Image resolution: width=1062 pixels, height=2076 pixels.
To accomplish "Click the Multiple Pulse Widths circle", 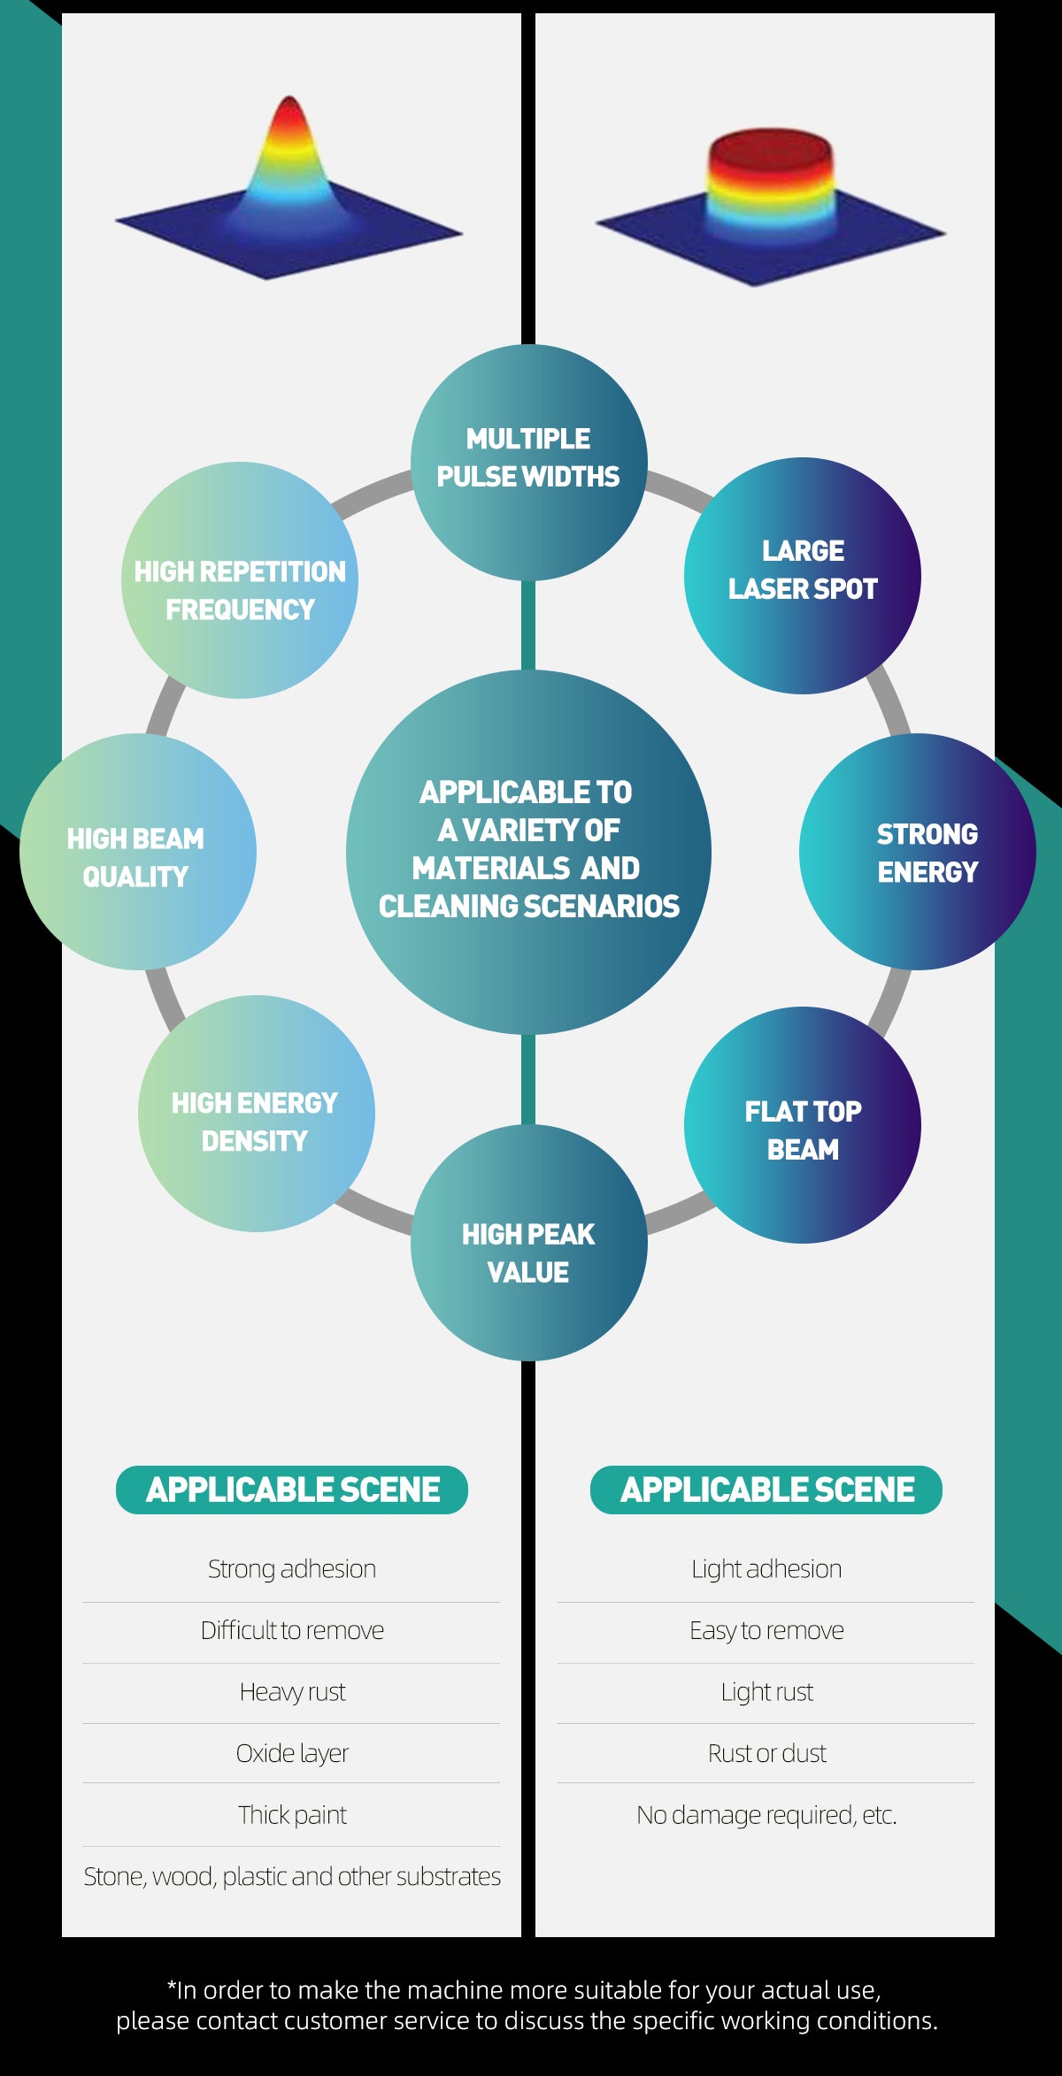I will coord(528,462).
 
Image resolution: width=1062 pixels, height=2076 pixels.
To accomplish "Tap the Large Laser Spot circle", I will coord(802,575).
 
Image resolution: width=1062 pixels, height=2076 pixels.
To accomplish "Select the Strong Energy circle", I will coord(917,851).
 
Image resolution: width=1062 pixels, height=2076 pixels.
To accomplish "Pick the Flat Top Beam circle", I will coord(802,1125).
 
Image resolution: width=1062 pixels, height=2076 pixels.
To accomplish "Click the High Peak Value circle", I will coord(528,1243).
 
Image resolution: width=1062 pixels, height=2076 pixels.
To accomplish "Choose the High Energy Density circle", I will coord(256,1113).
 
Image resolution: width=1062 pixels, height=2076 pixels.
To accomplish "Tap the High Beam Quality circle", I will coord(138,851).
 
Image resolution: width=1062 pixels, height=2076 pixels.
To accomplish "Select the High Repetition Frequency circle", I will coord(239,580).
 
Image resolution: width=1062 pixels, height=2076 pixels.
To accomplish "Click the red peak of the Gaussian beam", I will coord(289,111).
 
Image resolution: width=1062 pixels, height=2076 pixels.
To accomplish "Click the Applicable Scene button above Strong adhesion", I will coord(292,1490).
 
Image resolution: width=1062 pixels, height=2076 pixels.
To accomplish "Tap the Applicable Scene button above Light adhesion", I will coord(766,1490).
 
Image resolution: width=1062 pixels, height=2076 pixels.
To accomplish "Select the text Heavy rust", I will coord(292,1692).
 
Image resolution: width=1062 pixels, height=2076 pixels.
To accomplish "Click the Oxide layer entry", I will coord(292,1753).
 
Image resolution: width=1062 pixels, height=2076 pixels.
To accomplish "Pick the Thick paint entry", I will coord(292,1815).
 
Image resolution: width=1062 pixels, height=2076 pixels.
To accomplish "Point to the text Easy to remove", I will coord(766,1630).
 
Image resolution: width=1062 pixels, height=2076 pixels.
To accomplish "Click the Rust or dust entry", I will coord(766,1753).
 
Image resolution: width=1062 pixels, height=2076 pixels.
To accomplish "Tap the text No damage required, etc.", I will coord(766,1815).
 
